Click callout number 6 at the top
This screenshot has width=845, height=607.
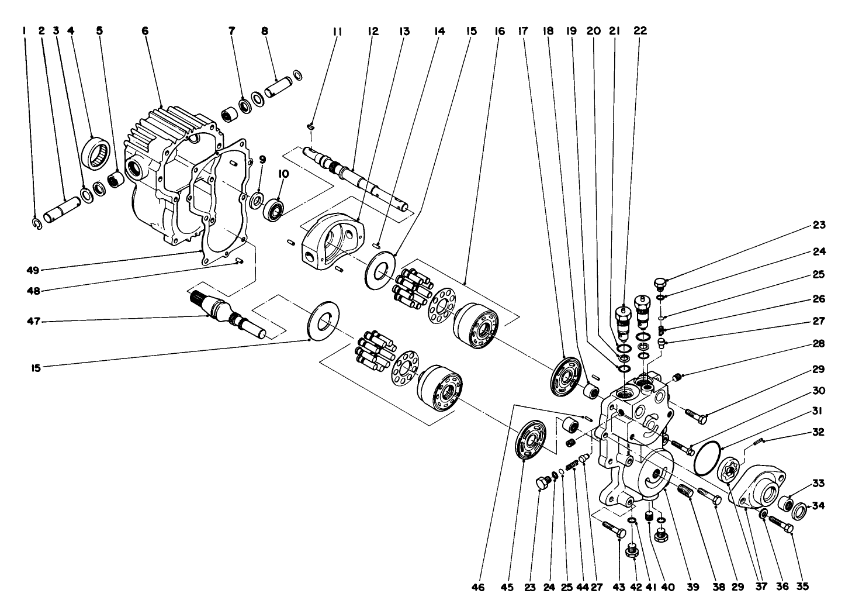click(x=144, y=30)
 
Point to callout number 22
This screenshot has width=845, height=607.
click(x=640, y=30)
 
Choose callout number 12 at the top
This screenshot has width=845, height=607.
click(x=373, y=30)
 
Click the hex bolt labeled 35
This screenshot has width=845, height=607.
click(x=781, y=524)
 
